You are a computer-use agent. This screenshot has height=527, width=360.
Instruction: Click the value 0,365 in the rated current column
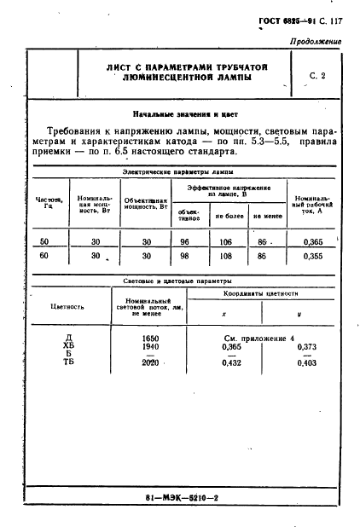pos(313,242)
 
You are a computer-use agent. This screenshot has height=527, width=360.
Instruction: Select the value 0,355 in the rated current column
pos(313,255)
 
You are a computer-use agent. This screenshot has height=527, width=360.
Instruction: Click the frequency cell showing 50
pos(44,242)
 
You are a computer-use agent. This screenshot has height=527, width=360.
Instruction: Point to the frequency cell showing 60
pos(44,255)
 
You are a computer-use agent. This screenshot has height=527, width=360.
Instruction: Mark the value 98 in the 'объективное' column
pos(185,255)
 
